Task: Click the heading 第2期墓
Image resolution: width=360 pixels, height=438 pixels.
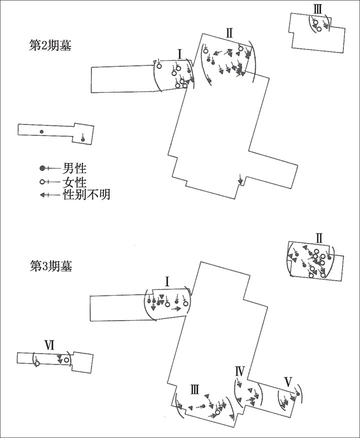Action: [50, 45]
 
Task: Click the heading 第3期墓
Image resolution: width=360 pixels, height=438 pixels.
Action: [51, 266]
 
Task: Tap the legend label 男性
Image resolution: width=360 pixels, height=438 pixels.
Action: [74, 168]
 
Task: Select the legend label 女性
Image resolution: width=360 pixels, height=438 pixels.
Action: [74, 182]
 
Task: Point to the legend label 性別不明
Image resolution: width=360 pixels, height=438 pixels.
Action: [86, 194]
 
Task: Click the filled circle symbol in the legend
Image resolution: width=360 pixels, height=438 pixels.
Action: [42, 168]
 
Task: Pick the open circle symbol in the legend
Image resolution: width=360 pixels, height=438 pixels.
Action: [42, 182]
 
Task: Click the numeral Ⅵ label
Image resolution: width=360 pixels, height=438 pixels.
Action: [49, 346]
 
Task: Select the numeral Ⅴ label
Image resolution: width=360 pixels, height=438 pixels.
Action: [288, 382]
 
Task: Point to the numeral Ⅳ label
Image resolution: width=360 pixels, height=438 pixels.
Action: [239, 371]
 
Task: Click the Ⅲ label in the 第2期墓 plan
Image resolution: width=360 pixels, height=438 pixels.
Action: [317, 9]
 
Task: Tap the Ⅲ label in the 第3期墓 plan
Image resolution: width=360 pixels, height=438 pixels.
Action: [194, 389]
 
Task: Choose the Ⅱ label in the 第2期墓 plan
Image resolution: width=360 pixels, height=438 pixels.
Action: [229, 33]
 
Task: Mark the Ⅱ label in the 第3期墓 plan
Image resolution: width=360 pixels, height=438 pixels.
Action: [319, 238]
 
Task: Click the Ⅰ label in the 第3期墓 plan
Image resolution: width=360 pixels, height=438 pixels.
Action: [167, 282]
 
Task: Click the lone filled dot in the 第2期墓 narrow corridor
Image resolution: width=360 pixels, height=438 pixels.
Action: [41, 131]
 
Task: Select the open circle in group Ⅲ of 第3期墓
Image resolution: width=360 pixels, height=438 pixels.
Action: [217, 412]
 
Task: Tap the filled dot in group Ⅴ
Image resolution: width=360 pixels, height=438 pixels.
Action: [297, 394]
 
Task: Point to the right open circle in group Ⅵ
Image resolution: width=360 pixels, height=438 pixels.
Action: [66, 360]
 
